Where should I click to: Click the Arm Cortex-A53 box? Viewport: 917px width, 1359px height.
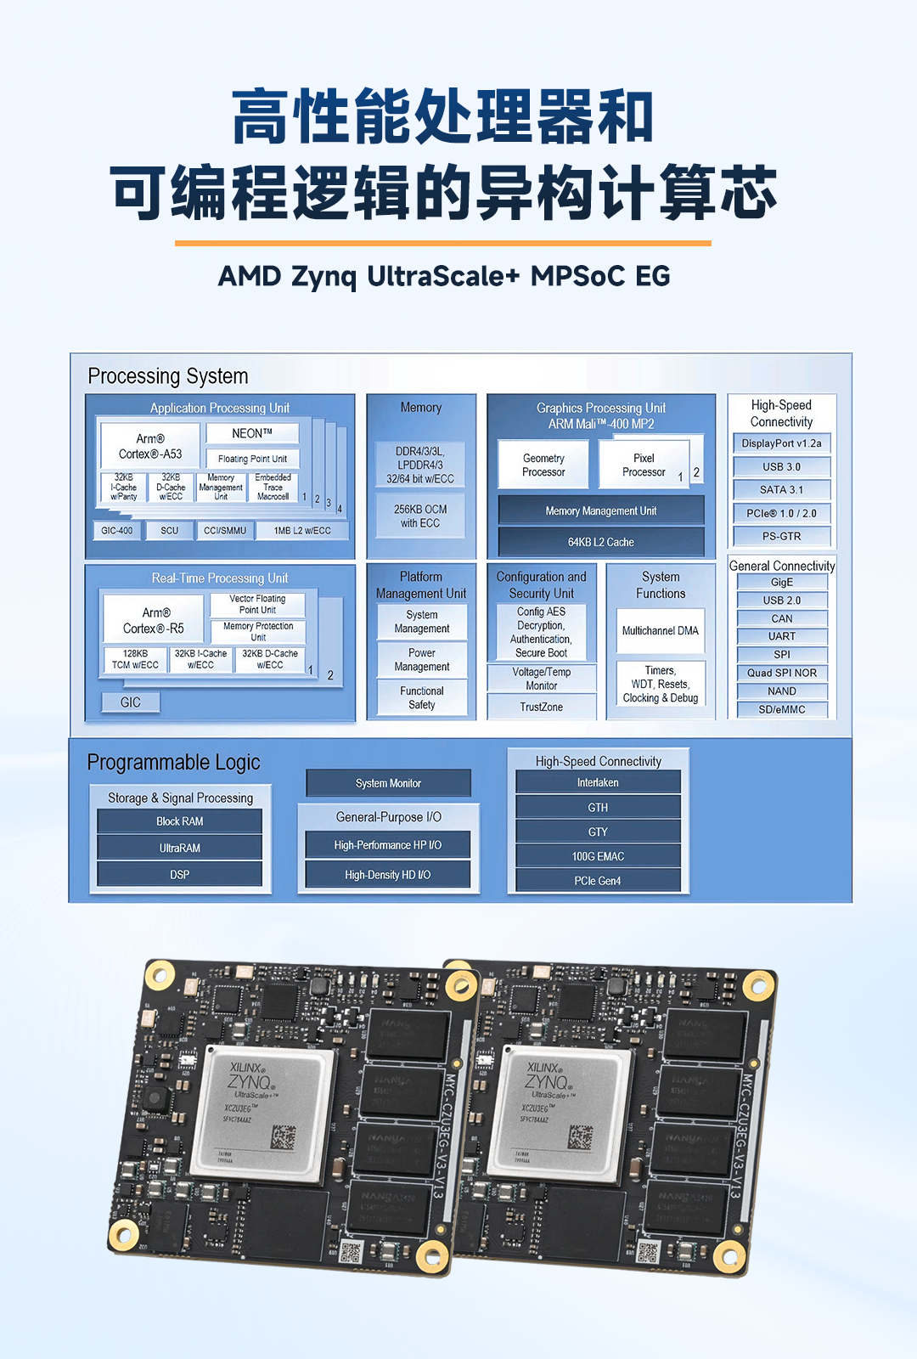click(x=150, y=446)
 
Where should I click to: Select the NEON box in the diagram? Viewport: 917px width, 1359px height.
click(x=252, y=433)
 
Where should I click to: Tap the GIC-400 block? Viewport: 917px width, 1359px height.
click(x=117, y=530)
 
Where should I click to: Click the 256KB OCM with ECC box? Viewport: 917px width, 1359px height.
click(x=420, y=516)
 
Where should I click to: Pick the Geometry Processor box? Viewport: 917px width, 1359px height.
click(x=543, y=465)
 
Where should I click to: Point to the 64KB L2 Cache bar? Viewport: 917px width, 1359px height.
click(x=601, y=542)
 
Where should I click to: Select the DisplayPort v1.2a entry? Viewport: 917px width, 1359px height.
click(x=781, y=443)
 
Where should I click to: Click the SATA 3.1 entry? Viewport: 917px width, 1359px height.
click(x=781, y=490)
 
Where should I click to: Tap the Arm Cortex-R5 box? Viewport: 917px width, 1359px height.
click(x=154, y=620)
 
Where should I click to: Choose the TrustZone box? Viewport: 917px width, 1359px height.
click(x=542, y=707)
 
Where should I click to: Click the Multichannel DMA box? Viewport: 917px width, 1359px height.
click(x=661, y=631)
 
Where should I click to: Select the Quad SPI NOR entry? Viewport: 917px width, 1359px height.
click(x=782, y=673)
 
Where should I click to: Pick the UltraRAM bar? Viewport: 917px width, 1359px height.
click(x=180, y=848)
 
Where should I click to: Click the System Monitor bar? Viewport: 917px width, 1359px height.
click(x=389, y=783)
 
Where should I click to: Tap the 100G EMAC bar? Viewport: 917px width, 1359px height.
click(x=598, y=856)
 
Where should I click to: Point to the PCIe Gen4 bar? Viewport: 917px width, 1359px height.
click(x=598, y=881)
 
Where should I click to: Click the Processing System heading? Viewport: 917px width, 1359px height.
click(x=168, y=376)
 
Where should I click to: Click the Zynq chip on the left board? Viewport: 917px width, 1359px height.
click(x=263, y=1113)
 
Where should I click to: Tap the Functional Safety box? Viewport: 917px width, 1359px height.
click(x=422, y=697)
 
